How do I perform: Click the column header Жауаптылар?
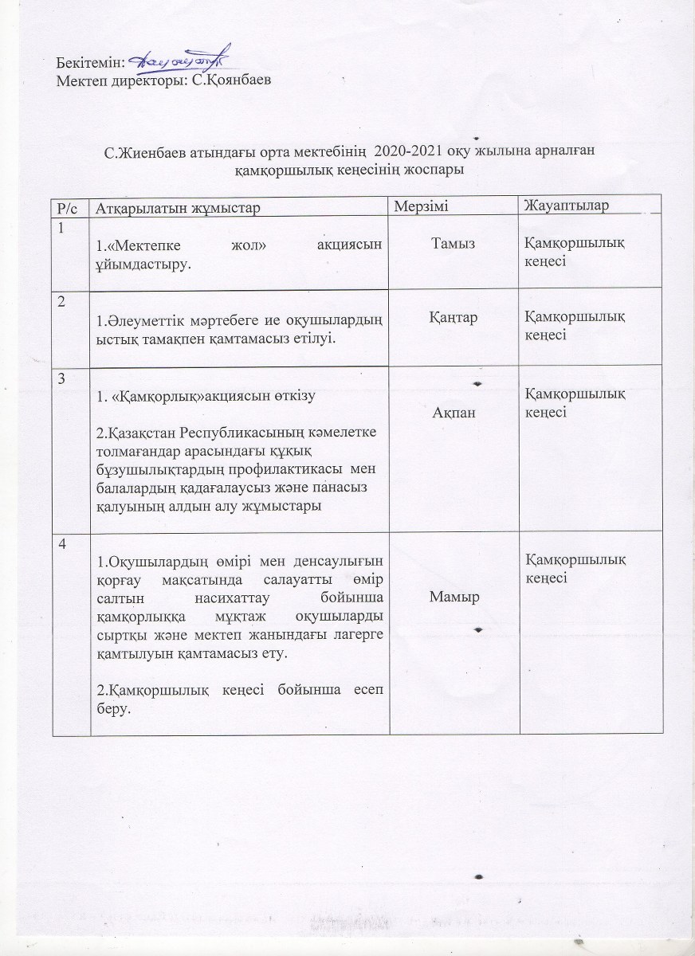(x=566, y=207)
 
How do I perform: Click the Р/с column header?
(x=67, y=208)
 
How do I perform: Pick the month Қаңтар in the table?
(x=454, y=317)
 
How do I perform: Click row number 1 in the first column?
(x=60, y=229)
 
